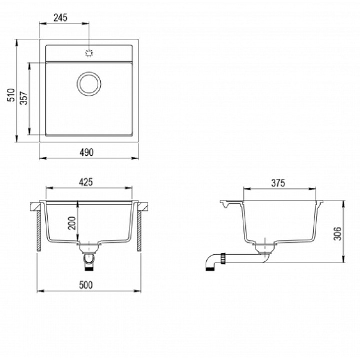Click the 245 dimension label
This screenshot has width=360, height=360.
pos(61,17)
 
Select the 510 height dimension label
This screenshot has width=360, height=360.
pos(11,95)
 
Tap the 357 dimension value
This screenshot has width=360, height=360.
pos(24,98)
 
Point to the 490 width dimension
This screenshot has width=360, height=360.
pos(87,152)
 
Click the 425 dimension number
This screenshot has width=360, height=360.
pos(86,182)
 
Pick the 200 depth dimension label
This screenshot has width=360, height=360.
pos(72,223)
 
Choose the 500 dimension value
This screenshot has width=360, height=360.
pos(86,285)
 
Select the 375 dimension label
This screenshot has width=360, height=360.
pos(278,183)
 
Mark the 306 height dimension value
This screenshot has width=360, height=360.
pos(337,234)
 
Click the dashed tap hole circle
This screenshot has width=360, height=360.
pos(89,53)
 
